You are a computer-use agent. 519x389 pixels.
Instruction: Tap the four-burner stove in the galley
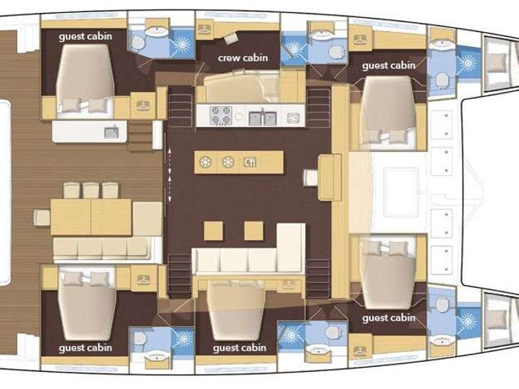(x=222, y=115)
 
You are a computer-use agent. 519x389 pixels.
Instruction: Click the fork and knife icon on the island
(x=250, y=161)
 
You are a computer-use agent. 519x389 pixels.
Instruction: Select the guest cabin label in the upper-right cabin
(x=389, y=66)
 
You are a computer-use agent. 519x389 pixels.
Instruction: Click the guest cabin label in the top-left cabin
(x=86, y=37)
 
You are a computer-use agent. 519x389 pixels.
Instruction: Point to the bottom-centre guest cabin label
(x=240, y=348)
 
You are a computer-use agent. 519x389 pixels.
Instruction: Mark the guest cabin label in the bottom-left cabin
(x=86, y=348)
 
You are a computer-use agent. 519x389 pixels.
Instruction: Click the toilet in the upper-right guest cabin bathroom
(x=441, y=78)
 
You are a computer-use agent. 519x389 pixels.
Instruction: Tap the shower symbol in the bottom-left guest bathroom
(x=183, y=338)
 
